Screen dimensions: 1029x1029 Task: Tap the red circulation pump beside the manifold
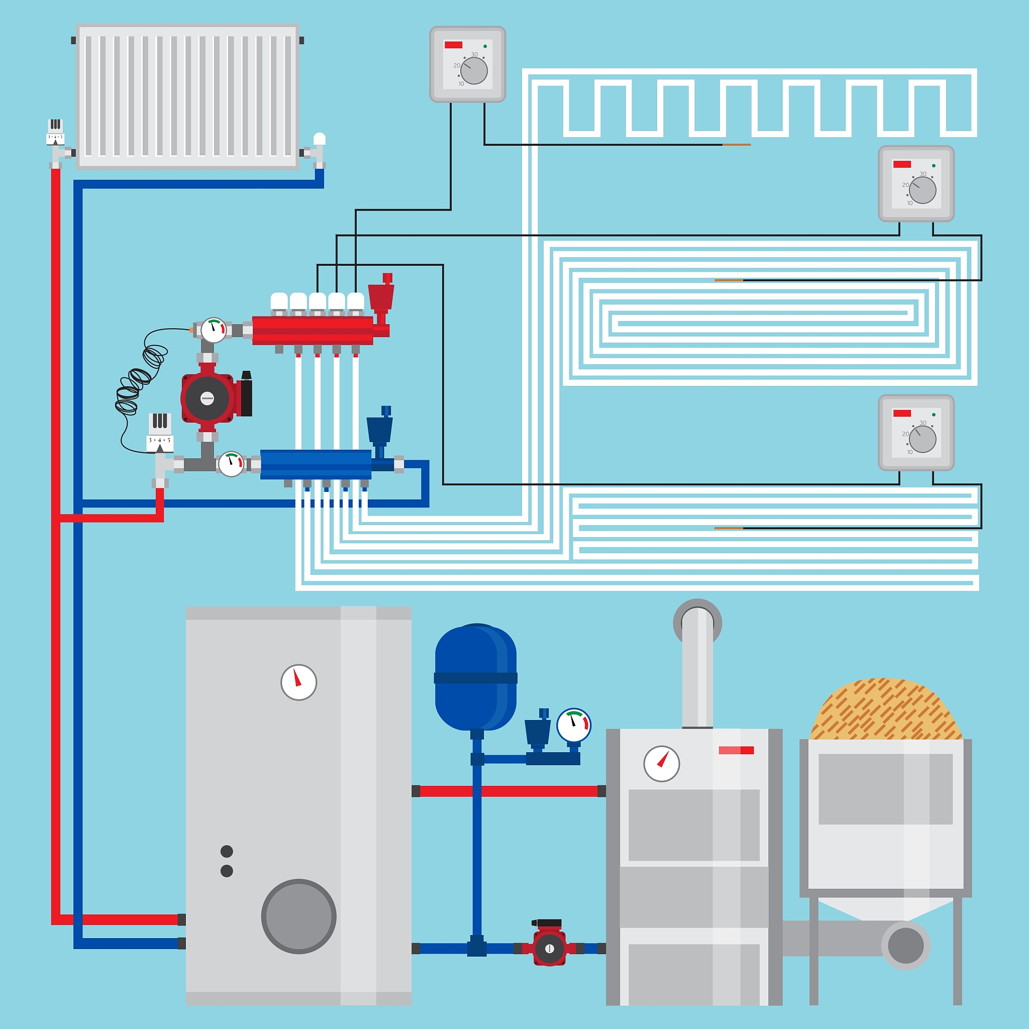[208, 398]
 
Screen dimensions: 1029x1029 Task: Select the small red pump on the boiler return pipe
[549, 949]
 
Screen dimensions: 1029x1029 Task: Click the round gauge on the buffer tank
[298, 682]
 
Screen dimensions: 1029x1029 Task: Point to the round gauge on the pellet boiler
[662, 764]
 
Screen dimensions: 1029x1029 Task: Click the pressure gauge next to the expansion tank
[574, 725]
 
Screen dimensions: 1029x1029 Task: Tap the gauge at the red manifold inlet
[214, 330]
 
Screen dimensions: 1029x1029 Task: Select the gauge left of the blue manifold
[231, 464]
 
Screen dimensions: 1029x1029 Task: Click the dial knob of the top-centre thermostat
[473, 70]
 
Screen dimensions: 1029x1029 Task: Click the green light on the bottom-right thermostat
[934, 415]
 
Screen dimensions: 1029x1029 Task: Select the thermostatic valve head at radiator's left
[55, 131]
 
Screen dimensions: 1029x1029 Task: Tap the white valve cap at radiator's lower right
[319, 140]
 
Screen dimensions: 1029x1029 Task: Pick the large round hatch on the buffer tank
[298, 916]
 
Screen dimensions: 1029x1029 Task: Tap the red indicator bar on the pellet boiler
[736, 750]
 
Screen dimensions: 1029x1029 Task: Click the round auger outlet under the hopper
[905, 946]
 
